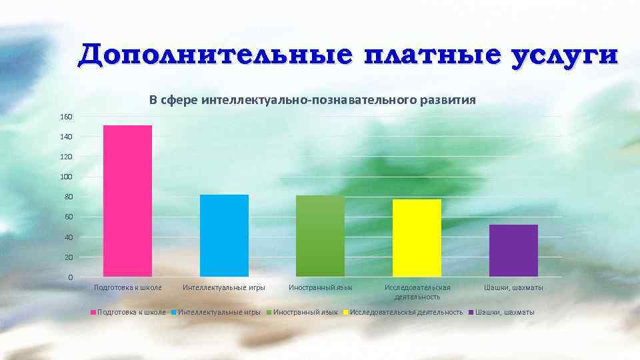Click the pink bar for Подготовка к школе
127,201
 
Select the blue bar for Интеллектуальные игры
224,235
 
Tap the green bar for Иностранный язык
320,236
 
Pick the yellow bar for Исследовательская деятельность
417,237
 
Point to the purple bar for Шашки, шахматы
513,250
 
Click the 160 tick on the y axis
66,117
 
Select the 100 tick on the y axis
66,177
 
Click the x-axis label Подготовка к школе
127,288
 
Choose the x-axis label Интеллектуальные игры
224,288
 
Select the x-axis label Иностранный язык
320,288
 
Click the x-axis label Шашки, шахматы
513,288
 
